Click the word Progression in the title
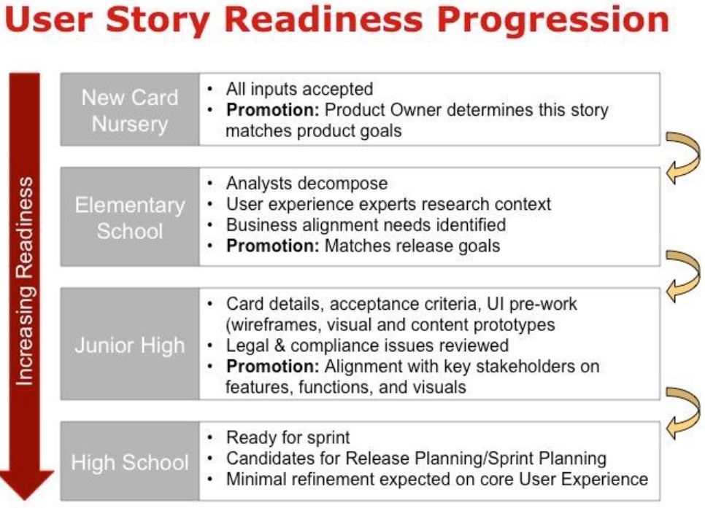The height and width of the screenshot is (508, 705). tap(554, 20)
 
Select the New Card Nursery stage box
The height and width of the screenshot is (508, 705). tap(130, 109)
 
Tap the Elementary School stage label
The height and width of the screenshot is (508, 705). tap(130, 218)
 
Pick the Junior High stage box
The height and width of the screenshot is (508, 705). tap(130, 344)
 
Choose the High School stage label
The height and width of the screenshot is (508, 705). tap(130, 462)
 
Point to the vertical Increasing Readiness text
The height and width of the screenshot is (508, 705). tap(25, 281)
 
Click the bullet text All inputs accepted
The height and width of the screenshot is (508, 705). tap(299, 89)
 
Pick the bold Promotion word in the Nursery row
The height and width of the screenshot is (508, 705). tap(272, 110)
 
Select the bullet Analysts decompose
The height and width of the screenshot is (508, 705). tap(307, 183)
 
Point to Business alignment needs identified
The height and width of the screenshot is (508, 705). tap(366, 224)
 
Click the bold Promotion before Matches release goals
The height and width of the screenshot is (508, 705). tap(272, 246)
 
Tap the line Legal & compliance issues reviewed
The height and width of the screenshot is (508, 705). tap(367, 345)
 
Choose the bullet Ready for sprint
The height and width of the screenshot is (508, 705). tap(288, 437)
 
